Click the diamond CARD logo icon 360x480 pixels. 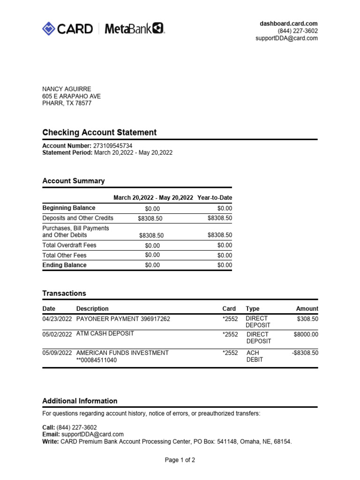(49, 29)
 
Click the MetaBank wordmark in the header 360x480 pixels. (134, 29)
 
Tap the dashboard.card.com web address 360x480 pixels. (289, 23)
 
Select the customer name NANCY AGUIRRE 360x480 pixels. (67, 89)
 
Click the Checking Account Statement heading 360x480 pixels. (99, 133)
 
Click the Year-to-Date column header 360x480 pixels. (215, 198)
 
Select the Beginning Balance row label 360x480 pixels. (69, 208)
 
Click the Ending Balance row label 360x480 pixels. (65, 265)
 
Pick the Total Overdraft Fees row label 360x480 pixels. (69, 245)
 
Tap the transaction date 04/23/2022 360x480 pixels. (57, 319)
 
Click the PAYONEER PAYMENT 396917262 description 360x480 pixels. (123, 319)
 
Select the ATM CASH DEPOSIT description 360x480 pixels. (105, 334)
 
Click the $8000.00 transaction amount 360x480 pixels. (306, 334)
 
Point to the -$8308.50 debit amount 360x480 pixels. (305, 353)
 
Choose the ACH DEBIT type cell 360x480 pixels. (255, 356)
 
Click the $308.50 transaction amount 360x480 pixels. (307, 319)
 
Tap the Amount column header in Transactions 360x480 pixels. (307, 309)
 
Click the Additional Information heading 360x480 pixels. (80, 401)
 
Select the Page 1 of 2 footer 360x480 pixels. (180, 460)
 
